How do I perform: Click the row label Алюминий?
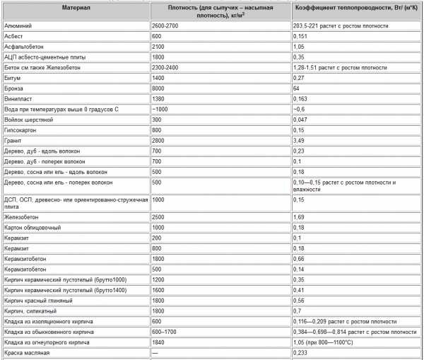[17, 25]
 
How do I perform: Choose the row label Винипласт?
[20, 98]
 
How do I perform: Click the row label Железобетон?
[21, 217]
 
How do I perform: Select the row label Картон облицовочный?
[33, 228]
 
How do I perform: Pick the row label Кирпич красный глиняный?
[39, 300]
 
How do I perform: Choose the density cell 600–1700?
[164, 331]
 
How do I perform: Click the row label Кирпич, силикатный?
[30, 310]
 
